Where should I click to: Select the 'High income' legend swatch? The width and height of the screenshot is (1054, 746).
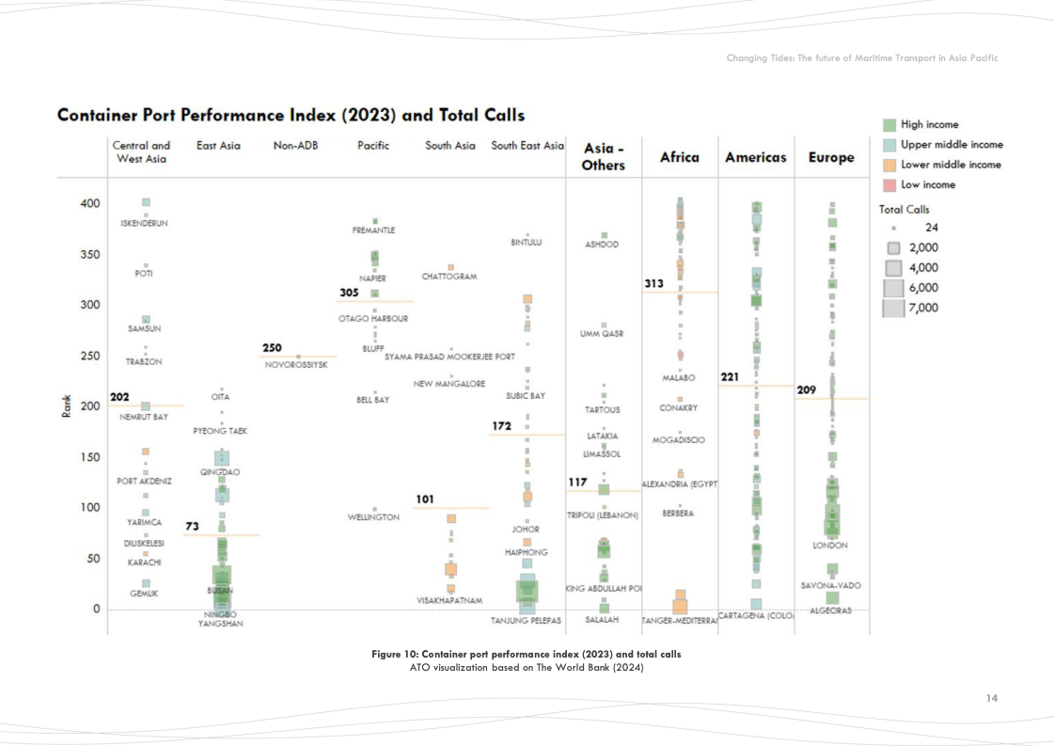(889, 125)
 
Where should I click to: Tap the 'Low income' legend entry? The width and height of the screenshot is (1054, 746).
(927, 184)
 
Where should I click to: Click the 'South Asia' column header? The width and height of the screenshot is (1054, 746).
(450, 146)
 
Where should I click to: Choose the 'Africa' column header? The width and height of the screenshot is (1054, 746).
(679, 157)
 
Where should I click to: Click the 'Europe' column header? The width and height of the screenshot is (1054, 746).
(831, 157)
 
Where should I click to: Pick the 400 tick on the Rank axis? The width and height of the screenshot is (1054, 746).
(89, 203)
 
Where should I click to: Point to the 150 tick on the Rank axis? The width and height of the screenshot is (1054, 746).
(89, 457)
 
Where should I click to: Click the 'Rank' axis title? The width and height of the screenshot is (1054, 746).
(66, 406)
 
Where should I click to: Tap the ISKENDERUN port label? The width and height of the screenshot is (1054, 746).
(145, 224)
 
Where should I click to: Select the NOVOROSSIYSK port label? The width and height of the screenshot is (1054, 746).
(296, 365)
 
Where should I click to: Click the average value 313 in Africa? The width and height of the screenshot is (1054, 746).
(653, 283)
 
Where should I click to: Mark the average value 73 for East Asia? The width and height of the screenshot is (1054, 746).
(192, 526)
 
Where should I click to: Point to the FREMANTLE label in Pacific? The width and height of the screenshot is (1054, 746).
(373, 230)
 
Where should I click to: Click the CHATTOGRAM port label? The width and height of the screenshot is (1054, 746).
(449, 277)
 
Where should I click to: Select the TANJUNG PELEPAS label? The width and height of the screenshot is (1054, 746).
(526, 621)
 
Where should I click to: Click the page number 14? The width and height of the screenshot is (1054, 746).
(992, 698)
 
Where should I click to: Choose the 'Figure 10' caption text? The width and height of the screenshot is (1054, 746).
(526, 654)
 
